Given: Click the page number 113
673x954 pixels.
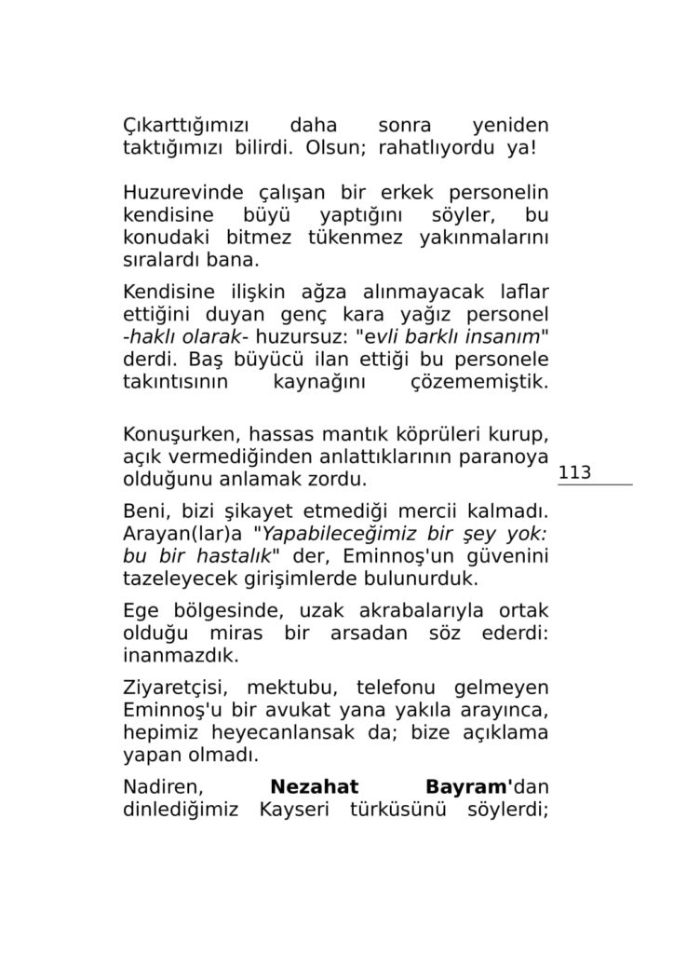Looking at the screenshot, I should click(575, 473).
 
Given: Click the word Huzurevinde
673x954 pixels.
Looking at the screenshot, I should click(176, 194).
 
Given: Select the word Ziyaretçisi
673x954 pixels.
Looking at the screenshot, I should click(177, 688).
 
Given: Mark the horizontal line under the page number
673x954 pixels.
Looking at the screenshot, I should click(596, 485).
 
